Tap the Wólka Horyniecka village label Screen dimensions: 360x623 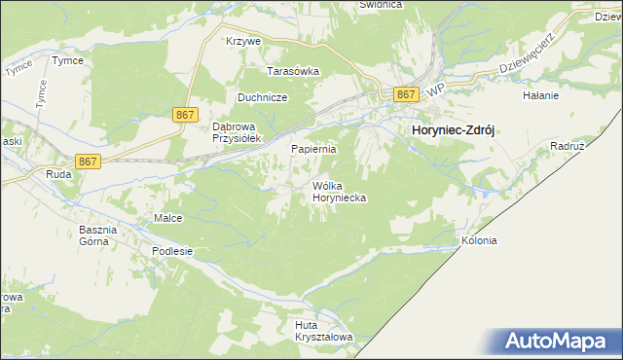pos(337,191)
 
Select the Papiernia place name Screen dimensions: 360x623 pos(314,150)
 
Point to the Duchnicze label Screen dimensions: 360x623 pos(261,98)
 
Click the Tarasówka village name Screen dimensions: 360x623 pos(294,71)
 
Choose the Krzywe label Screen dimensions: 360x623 pos(243,42)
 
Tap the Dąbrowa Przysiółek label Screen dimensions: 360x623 pos(227,132)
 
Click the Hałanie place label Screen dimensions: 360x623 pos(540,95)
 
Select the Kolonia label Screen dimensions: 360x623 pos(480,240)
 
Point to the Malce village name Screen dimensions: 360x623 pos(168,218)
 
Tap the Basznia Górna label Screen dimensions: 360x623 pos(97,235)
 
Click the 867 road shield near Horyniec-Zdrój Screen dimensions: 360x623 pos(407,93)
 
